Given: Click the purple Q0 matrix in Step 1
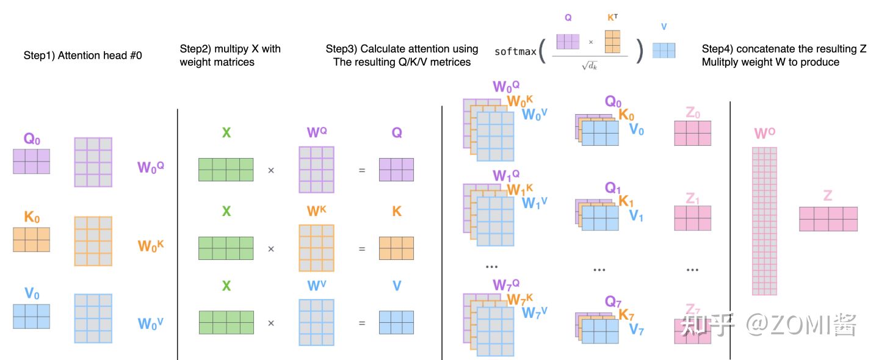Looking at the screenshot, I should pos(31,162).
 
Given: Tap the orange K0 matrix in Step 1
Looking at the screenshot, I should pos(31,240).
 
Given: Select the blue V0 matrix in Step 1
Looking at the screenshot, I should pos(31,317).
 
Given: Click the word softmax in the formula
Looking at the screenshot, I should pos(515,51).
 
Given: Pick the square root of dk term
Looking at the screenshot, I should pos(589,65).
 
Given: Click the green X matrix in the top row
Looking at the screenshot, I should pos(226,170).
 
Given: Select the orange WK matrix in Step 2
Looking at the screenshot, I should pos(316,248).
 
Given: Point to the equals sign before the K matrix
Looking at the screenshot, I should pos(362,249).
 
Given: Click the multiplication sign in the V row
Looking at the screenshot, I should pos(271,323).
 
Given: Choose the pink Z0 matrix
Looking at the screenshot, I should pos(692,133).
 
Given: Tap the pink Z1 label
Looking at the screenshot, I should pos(692,199).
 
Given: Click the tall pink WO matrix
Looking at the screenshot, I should pos(764,221).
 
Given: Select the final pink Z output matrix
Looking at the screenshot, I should pos(828,218).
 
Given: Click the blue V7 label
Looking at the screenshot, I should pos(637,330).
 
